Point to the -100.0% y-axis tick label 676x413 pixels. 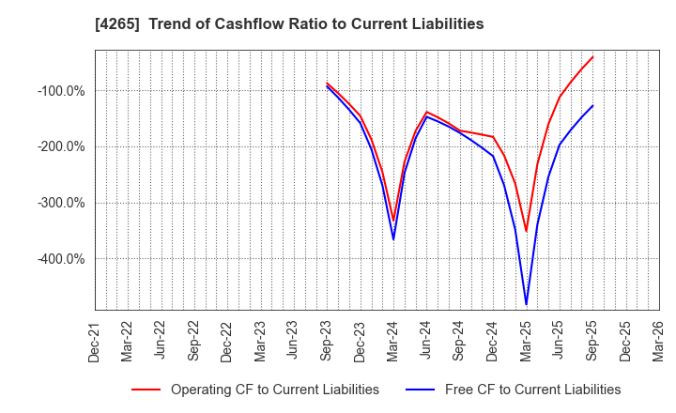point(61,91)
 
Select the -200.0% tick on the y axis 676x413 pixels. point(61,146)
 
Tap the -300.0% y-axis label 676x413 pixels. point(61,203)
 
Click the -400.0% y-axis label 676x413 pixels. point(61,259)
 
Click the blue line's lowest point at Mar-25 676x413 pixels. point(526,304)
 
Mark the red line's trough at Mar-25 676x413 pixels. point(526,231)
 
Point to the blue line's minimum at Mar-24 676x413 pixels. point(393,239)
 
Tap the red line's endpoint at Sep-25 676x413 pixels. point(592,56)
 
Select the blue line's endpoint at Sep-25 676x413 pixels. point(592,105)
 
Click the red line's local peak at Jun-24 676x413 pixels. point(426,112)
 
